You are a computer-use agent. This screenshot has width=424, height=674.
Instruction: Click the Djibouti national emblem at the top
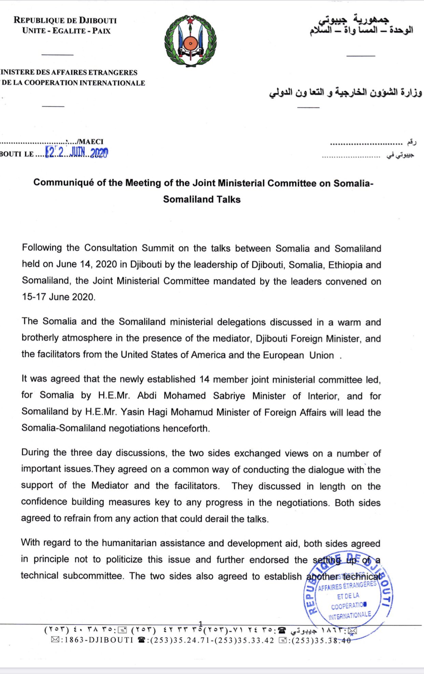tap(190, 41)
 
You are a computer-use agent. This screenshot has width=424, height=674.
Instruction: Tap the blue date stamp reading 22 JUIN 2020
tap(77, 152)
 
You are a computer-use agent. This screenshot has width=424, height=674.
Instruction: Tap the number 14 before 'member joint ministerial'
tap(204, 379)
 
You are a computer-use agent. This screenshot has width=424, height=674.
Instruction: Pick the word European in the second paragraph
tap(283, 355)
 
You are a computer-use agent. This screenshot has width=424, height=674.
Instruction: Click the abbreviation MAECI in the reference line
tap(91, 142)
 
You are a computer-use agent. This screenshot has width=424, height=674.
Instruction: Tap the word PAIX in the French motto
tap(101, 31)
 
